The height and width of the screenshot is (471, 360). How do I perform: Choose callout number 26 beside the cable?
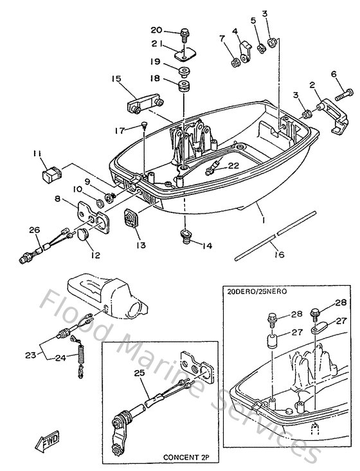(x=34, y=229)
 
